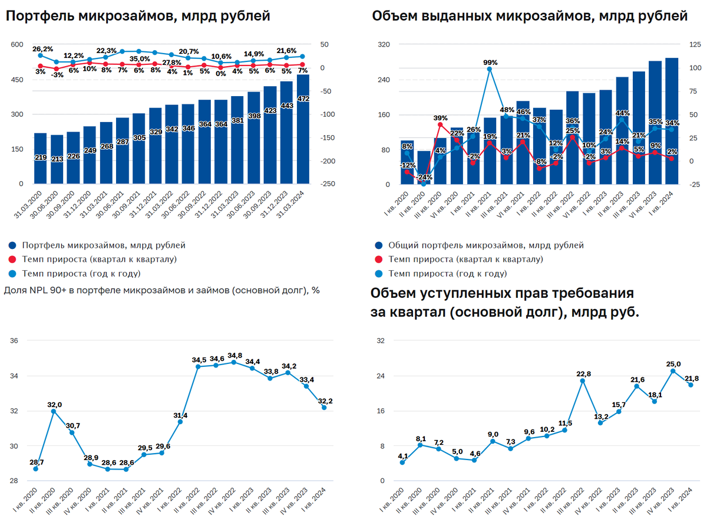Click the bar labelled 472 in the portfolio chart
(303, 130)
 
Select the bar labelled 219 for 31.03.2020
(41, 159)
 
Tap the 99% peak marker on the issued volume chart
(490, 69)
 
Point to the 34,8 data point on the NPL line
(234, 362)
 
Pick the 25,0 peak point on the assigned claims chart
(673, 371)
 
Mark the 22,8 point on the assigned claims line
(583, 380)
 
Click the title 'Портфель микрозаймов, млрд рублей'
(138, 17)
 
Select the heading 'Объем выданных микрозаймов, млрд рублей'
(530, 17)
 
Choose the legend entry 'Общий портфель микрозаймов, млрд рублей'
(486, 245)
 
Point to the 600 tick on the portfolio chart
(16, 45)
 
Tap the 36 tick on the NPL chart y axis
(15, 341)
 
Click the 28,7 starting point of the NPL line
(36, 468)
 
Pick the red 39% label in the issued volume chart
(440, 117)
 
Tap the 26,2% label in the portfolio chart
(42, 49)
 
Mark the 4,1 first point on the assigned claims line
(402, 462)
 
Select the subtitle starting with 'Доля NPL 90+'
(161, 290)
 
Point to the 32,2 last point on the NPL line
(324, 407)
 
